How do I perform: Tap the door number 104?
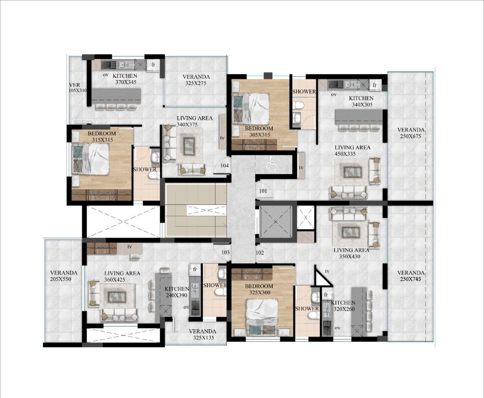pyautogui.click(x=225, y=166)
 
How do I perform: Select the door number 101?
pyautogui.click(x=263, y=191)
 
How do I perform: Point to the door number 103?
pyautogui.click(x=225, y=252)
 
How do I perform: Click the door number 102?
pyautogui.click(x=260, y=252)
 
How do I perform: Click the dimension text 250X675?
pyautogui.click(x=411, y=136)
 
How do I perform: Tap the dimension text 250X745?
pyautogui.click(x=411, y=279)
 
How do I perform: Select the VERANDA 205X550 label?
pyautogui.click(x=64, y=276)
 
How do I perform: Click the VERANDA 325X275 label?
pyautogui.click(x=196, y=80)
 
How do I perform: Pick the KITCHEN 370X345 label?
pyautogui.click(x=126, y=79)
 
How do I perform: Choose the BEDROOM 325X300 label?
pyautogui.click(x=259, y=289)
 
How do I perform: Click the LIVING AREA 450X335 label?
pyautogui.click(x=352, y=150)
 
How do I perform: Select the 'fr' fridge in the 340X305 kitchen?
pyautogui.click(x=375, y=85)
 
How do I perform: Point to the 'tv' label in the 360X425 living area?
pyautogui.click(x=130, y=247)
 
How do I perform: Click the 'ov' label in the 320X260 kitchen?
pyautogui.click(x=337, y=328)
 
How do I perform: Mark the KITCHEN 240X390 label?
pyautogui.click(x=177, y=292)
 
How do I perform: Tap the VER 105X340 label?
pyautogui.click(x=78, y=88)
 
